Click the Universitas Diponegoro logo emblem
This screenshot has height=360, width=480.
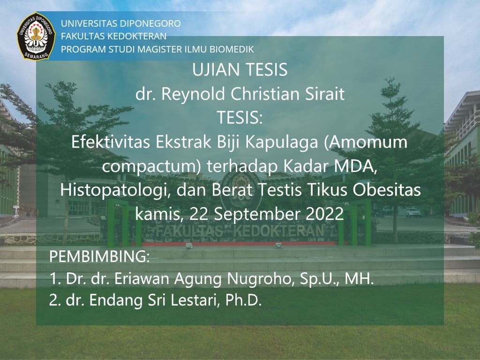pos(37,37)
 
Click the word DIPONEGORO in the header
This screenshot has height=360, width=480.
pos(151,23)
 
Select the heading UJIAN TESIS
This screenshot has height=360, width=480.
pos(240,70)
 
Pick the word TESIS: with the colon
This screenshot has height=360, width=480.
pos(240,119)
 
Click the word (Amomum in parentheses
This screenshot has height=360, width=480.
pos(367,142)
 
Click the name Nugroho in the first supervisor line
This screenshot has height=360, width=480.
pos(255,279)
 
